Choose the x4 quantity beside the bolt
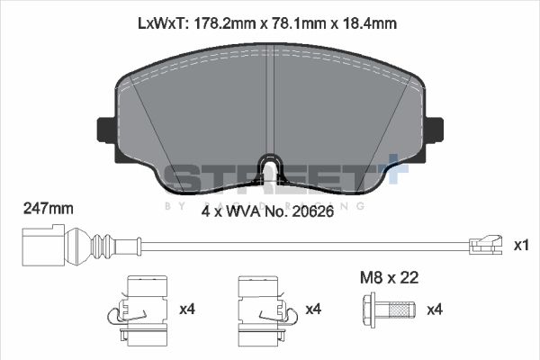[435, 310]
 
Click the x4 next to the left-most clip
[187, 310]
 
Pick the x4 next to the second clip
[313, 310]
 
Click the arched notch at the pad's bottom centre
[269, 167]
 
